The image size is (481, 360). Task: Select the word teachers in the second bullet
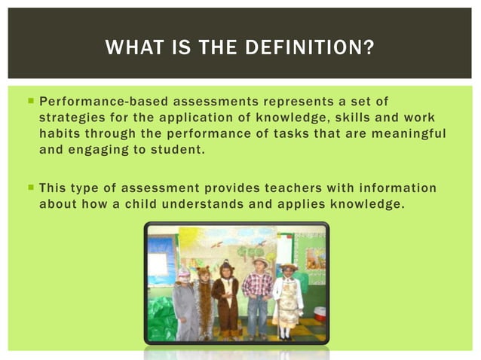click(271, 188)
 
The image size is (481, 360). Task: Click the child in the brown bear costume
click(225, 297)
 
